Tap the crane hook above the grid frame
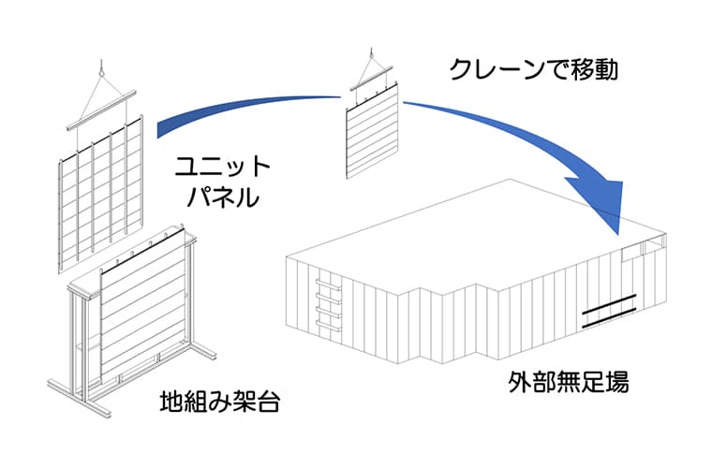tap(99, 66)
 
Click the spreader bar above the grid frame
tap(101, 110)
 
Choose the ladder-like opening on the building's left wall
tap(327, 301)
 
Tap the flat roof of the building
tap(468, 229)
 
